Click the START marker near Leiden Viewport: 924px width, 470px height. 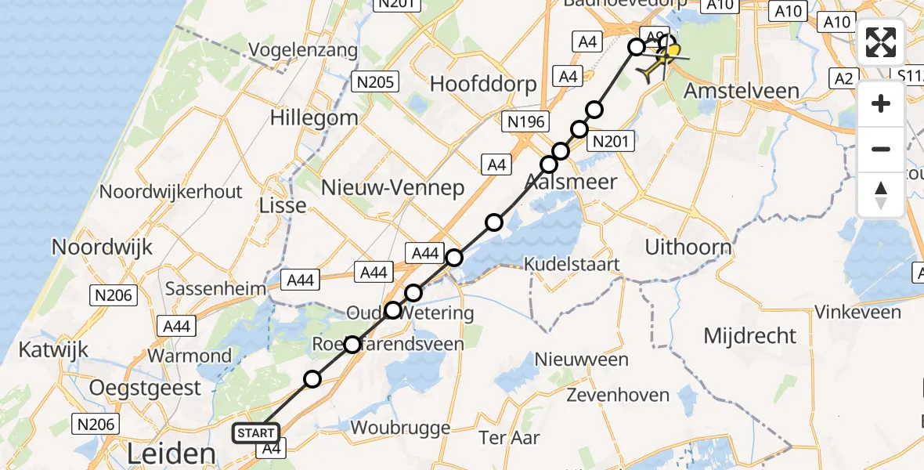click(x=256, y=432)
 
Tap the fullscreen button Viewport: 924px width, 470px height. click(x=881, y=42)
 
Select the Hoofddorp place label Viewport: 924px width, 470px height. click(x=483, y=84)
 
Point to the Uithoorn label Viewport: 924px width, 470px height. click(x=688, y=247)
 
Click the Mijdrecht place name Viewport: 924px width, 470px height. click(x=749, y=336)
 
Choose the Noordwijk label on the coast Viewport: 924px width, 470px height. click(x=102, y=247)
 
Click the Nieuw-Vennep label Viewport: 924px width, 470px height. click(x=393, y=187)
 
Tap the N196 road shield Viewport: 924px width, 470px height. click(x=526, y=121)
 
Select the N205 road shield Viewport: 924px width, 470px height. click(x=376, y=81)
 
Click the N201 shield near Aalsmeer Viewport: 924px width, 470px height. click(x=609, y=142)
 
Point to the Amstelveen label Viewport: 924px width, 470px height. click(x=742, y=90)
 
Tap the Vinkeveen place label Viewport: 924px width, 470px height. click(x=857, y=312)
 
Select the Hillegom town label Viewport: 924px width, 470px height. click(x=314, y=118)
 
